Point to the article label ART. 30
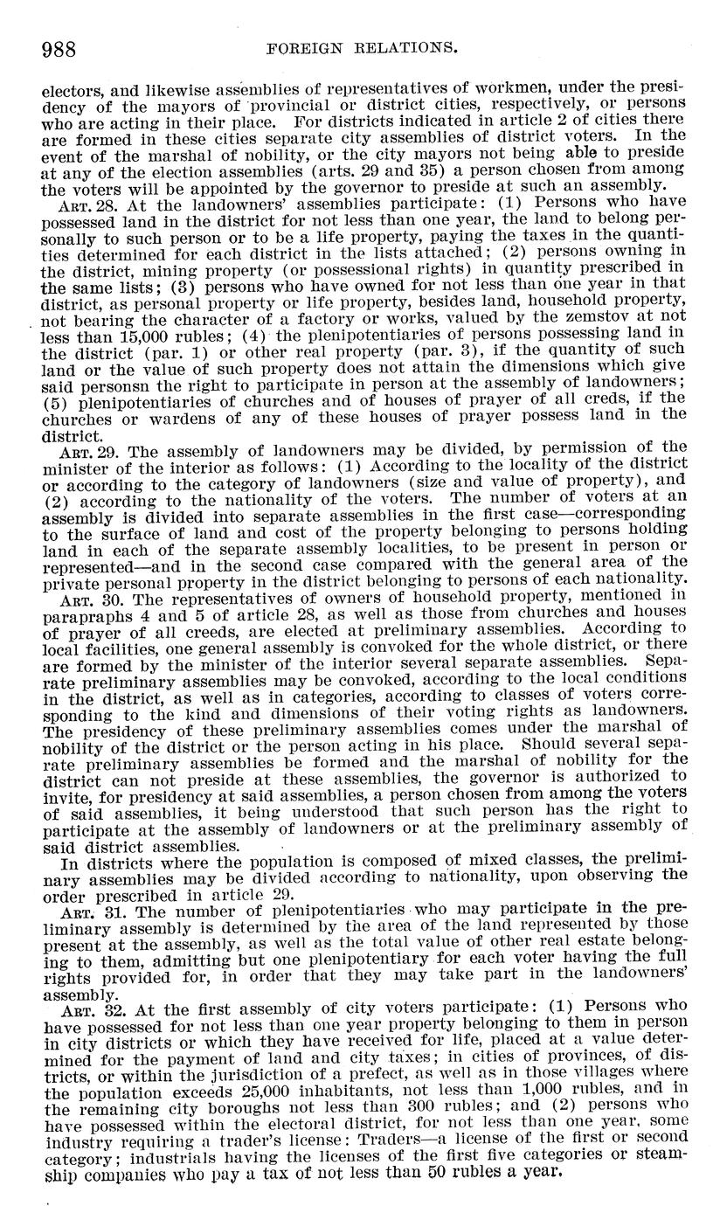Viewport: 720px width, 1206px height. pyautogui.click(x=79, y=598)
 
